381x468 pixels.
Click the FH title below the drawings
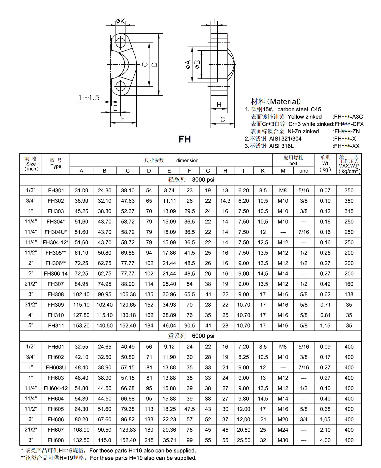pos(185,139)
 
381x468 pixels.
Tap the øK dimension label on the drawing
pos(120,21)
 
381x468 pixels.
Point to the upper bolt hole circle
pos(120,42)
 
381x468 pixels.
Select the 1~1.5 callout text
pos(89,98)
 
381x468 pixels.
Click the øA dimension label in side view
pos(188,65)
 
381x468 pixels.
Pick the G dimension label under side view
pos(223,120)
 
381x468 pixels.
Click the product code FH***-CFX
pos(349,124)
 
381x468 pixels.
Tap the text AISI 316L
pos(281,146)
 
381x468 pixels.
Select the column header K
pos(263,171)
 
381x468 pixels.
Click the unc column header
pos(304,171)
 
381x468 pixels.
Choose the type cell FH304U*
pos(56,232)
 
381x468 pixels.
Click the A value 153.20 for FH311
pos(81,325)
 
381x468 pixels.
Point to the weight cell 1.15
pos(325,325)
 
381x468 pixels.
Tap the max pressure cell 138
pos(349,294)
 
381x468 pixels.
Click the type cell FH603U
pos(56,367)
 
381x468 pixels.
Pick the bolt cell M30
pos(283,440)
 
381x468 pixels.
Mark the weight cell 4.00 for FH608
pos(325,440)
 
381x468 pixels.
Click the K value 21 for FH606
pos(263,419)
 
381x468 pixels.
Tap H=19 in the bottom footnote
pos(66,458)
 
